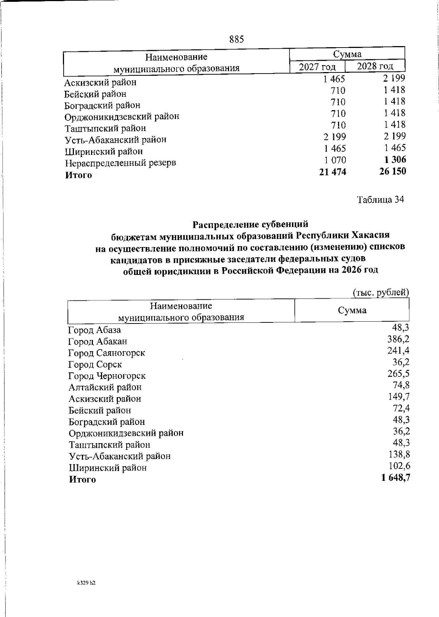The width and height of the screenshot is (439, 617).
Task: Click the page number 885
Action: [237, 40]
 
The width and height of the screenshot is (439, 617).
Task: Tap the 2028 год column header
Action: [375, 66]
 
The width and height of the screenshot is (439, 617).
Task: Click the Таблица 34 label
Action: [381, 200]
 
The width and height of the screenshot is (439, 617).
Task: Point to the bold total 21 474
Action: [332, 172]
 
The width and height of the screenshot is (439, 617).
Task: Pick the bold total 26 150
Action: [393, 171]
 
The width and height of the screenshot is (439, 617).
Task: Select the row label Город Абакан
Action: [98, 342]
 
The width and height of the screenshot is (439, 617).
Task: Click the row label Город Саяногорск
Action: [106, 353]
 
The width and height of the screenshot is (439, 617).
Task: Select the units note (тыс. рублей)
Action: [380, 292]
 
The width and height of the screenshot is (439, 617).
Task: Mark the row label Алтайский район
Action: [105, 387]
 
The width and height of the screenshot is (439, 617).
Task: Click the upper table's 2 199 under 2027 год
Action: [334, 137]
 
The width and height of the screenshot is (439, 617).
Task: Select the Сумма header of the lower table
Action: [352, 310]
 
